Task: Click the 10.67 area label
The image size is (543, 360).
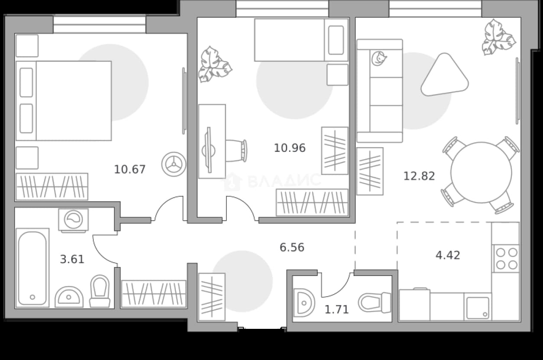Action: pyautogui.click(x=130, y=169)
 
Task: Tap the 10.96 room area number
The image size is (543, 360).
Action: pyautogui.click(x=290, y=148)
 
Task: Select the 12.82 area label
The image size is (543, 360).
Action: pyautogui.click(x=419, y=176)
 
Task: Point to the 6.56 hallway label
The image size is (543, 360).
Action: pyautogui.click(x=292, y=247)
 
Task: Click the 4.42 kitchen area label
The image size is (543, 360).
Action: pyautogui.click(x=448, y=255)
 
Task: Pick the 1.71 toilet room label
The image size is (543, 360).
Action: pyautogui.click(x=337, y=310)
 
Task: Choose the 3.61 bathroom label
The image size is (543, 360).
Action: pyautogui.click(x=72, y=260)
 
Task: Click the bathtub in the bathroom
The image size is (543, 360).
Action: pyautogui.click(x=32, y=268)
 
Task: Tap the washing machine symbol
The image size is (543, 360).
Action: pyautogui.click(x=74, y=220)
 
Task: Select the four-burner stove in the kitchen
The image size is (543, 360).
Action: pyautogui.click(x=506, y=258)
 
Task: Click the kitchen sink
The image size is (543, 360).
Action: pyautogui.click(x=478, y=308)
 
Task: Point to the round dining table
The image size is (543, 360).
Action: pyautogui.click(x=482, y=173)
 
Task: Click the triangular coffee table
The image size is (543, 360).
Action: pyautogui.click(x=445, y=75)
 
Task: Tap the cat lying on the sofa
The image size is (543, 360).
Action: pyautogui.click(x=378, y=58)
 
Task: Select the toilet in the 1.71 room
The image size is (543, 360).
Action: pyautogui.click(x=375, y=302)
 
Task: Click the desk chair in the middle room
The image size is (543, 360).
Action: pyautogui.click(x=236, y=151)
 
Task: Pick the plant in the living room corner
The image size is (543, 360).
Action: pyautogui.click(x=498, y=38)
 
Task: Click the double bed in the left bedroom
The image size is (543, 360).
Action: pyautogui.click(x=64, y=101)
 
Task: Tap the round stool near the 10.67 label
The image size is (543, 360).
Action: pyautogui.click(x=174, y=164)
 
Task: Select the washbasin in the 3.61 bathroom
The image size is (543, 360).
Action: pyautogui.click(x=69, y=297)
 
